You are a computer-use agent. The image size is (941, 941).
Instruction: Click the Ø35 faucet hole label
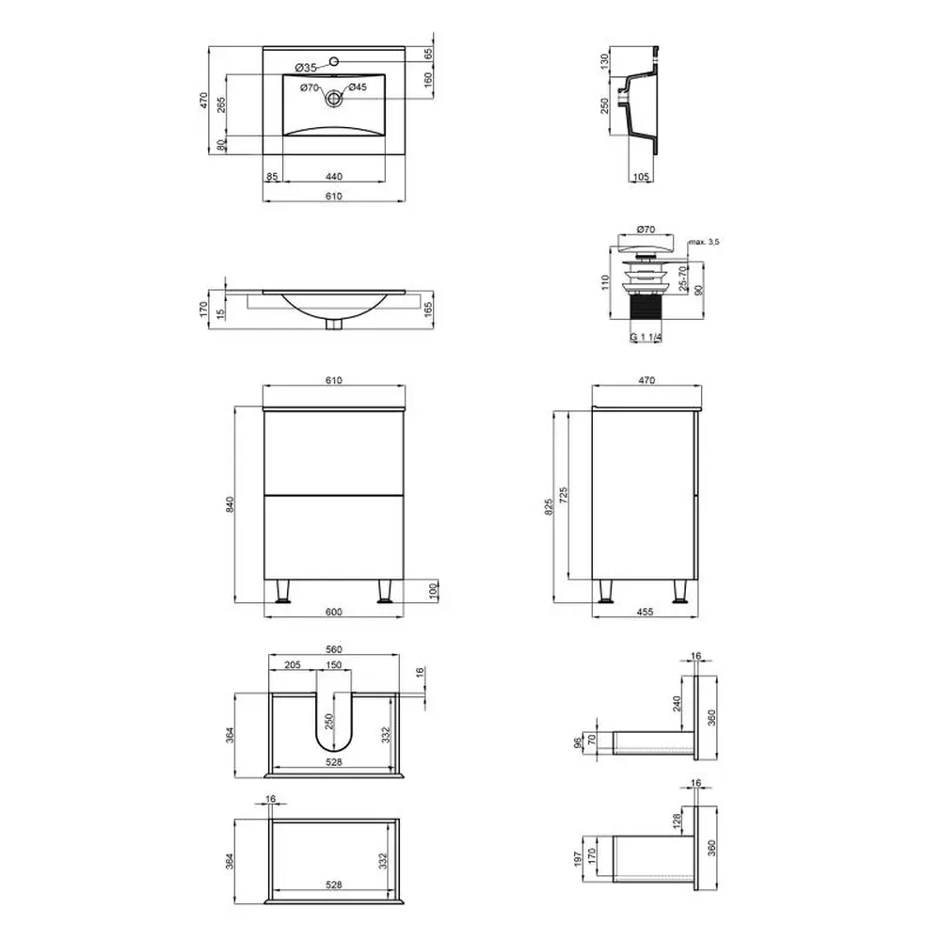(x=306, y=68)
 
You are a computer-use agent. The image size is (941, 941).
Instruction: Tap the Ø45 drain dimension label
(x=357, y=87)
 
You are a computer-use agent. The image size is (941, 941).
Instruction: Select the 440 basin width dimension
(x=334, y=177)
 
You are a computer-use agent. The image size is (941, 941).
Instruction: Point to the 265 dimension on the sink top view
(x=221, y=105)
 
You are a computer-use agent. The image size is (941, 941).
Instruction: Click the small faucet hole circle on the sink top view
(x=334, y=60)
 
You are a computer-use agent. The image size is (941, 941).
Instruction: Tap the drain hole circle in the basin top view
(x=334, y=99)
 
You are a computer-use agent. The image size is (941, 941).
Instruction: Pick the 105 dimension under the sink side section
(x=641, y=177)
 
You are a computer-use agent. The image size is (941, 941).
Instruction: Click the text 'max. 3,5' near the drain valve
(x=703, y=242)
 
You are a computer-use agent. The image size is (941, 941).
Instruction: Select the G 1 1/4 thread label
(x=646, y=337)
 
